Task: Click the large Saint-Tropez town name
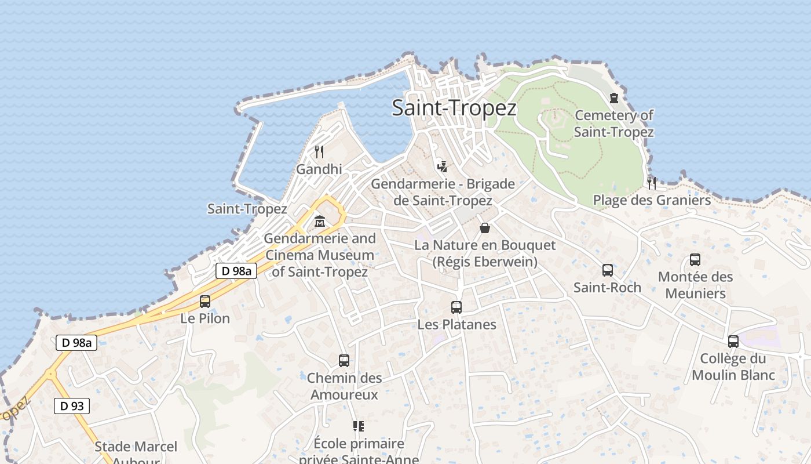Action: click(454, 108)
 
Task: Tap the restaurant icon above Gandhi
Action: click(319, 152)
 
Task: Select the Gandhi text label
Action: click(319, 169)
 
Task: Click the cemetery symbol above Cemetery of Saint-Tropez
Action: click(614, 98)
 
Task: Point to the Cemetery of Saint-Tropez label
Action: click(614, 124)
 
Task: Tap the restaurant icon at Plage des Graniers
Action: click(652, 183)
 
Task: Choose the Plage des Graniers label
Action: click(652, 201)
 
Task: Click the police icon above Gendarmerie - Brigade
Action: click(443, 167)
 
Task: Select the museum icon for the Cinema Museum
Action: click(319, 221)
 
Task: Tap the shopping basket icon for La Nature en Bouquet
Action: click(485, 228)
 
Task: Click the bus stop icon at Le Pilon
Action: click(205, 302)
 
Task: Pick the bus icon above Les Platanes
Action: click(456, 307)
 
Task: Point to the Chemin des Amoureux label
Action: click(344, 386)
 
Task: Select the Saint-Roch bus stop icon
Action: click(607, 270)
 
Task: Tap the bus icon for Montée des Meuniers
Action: click(695, 260)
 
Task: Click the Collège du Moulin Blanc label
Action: click(733, 367)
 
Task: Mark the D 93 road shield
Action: click(72, 406)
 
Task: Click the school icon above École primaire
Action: click(359, 427)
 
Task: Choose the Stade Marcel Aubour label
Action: click(136, 451)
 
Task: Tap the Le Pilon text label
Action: click(205, 318)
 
